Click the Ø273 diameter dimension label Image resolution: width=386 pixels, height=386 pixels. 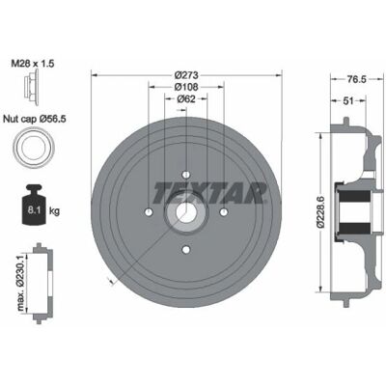tap(186, 75)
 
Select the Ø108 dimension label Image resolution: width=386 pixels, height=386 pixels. tap(186, 87)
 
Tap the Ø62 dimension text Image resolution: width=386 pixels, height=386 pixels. tap(186, 99)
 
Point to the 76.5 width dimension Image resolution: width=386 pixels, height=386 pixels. tap(357, 79)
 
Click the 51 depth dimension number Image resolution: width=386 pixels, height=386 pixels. tap(348, 101)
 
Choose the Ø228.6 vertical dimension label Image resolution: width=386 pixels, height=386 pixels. tap(320, 212)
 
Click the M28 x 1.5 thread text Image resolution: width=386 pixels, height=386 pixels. tap(33, 64)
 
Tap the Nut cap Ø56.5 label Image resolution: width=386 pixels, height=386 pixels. tap(35, 120)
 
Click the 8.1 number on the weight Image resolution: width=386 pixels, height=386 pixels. tap(33, 211)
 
